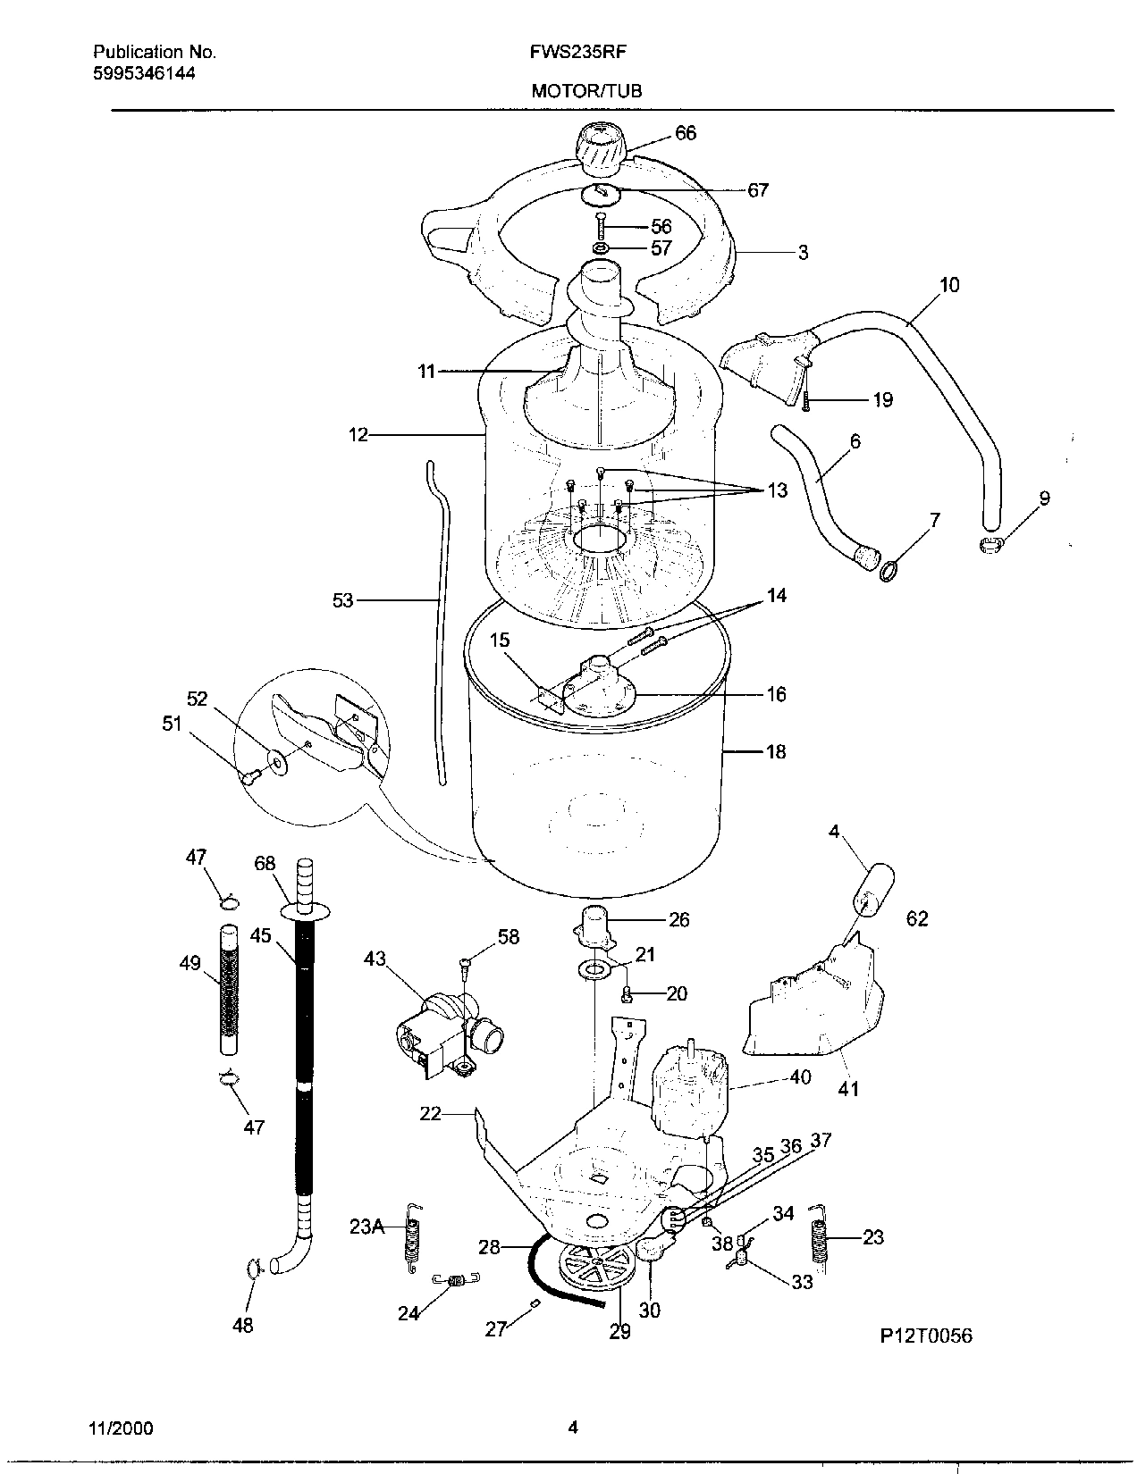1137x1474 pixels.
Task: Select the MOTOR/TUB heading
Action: pyautogui.click(x=586, y=90)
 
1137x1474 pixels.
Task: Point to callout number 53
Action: pyautogui.click(x=343, y=601)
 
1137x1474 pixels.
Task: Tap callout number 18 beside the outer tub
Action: pyautogui.click(x=776, y=752)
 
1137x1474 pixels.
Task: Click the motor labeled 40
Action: pyautogui.click(x=689, y=1090)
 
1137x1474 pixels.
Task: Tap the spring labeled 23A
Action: pyautogui.click(x=413, y=1237)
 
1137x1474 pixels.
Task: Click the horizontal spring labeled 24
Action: pyautogui.click(x=454, y=1282)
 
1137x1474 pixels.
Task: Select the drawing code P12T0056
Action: pyautogui.click(x=925, y=1336)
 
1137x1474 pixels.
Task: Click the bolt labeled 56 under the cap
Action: pyautogui.click(x=602, y=225)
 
